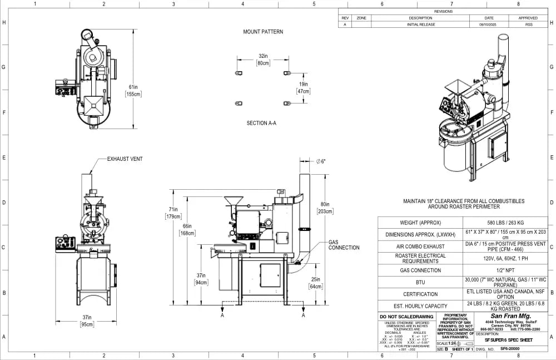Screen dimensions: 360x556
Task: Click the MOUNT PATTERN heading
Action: pos(262,32)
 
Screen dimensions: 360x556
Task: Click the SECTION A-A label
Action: pos(261,123)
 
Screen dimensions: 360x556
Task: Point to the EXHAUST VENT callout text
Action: pos(125,159)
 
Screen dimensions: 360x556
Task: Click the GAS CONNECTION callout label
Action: pos(344,245)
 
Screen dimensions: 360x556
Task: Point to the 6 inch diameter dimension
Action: pos(320,161)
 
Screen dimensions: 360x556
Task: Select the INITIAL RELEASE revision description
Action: pos(421,24)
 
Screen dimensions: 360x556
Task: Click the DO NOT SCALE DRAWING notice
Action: pos(406,317)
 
